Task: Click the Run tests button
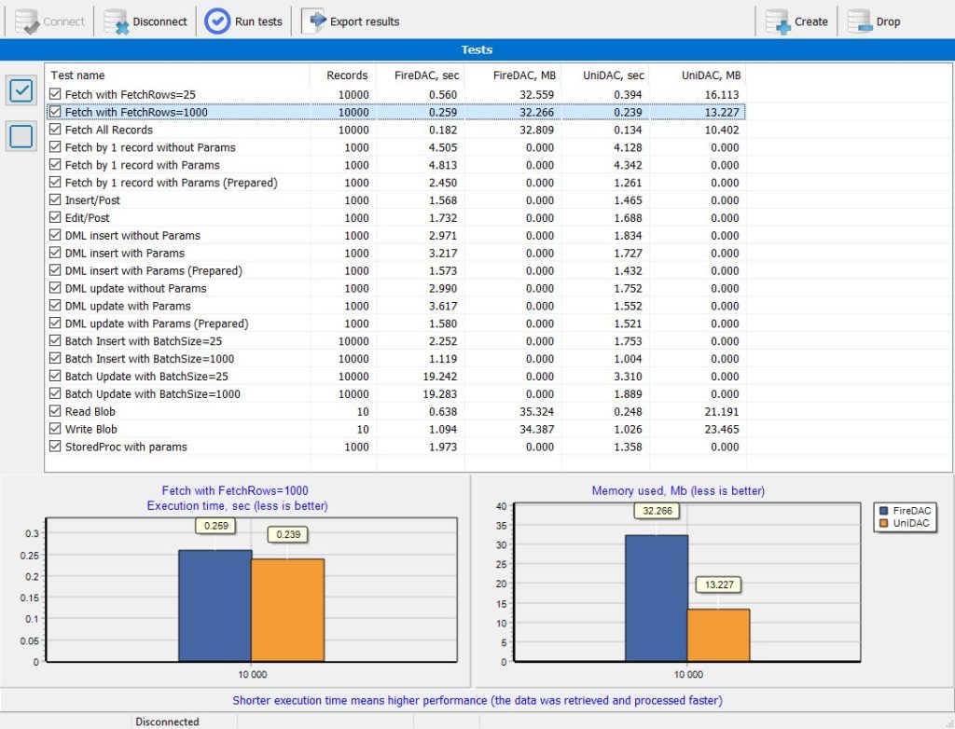243,21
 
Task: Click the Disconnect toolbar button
145,21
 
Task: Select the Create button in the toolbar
796,21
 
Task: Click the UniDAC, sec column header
613,76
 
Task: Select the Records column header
347,76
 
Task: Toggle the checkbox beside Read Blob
55,411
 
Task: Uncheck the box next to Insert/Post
55,199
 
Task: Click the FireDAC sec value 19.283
440,394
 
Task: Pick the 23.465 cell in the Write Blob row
722,430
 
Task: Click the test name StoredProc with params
126,447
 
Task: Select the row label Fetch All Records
109,130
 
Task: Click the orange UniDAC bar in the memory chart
719,635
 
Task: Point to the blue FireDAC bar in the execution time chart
215,606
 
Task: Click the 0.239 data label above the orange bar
288,535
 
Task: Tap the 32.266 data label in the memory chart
657,511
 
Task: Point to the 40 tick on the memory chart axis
501,506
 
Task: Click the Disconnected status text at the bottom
167,722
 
